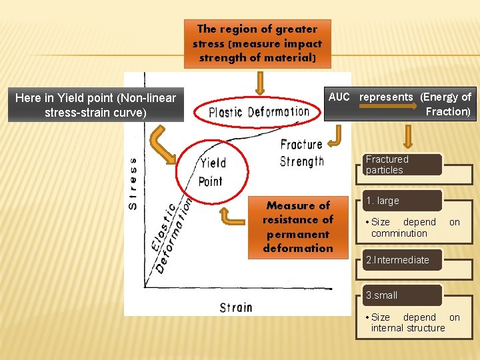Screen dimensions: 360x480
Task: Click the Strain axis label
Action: tap(236, 307)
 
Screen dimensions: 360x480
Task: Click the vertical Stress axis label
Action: tap(133, 183)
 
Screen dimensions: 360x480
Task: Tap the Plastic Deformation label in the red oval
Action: tap(259, 112)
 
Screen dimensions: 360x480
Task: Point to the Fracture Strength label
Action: tap(301, 153)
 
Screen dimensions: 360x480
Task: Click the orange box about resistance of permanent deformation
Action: tap(298, 227)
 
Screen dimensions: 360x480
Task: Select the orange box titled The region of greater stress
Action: tap(257, 43)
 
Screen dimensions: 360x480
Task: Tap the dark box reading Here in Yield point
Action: tap(95, 105)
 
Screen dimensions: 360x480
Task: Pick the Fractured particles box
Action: tap(402, 165)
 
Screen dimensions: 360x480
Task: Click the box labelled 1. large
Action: tap(402, 201)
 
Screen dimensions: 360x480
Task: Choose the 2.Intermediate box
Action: tap(402, 260)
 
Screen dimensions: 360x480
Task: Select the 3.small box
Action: tap(402, 295)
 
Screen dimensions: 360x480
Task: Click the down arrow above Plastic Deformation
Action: tap(260, 83)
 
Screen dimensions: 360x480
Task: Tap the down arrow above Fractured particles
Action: tap(409, 136)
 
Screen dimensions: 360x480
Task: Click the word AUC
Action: tap(339, 97)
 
